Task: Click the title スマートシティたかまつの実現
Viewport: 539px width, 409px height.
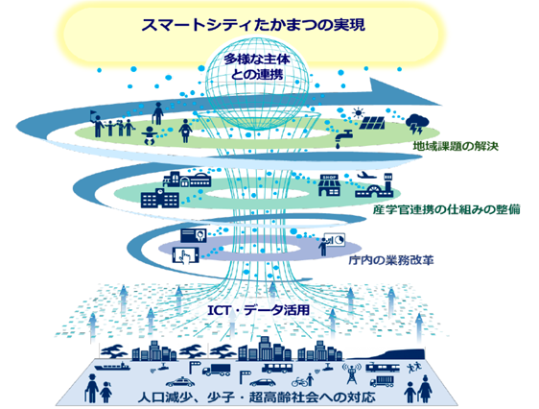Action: pyautogui.click(x=253, y=25)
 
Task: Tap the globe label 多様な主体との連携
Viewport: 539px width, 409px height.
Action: pyautogui.click(x=257, y=67)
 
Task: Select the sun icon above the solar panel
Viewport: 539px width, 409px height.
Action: pyautogui.click(x=358, y=112)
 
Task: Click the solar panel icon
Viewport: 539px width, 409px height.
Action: pyautogui.click(x=372, y=123)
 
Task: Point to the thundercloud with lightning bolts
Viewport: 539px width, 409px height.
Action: pyautogui.click(x=417, y=124)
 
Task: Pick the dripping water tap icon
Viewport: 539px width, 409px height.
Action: pyautogui.click(x=343, y=138)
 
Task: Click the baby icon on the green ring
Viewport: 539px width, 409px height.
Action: pyautogui.click(x=150, y=135)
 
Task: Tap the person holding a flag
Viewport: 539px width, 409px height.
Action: pyautogui.click(x=97, y=124)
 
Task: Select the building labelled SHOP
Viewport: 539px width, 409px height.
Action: pyautogui.click(x=329, y=184)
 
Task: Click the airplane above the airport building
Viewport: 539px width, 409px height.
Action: pyautogui.click(x=367, y=176)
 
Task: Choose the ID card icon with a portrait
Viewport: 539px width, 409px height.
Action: pyautogui.click(x=194, y=235)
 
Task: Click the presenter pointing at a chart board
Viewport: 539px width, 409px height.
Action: pyautogui.click(x=332, y=244)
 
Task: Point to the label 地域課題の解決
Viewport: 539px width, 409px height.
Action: pyautogui.click(x=456, y=147)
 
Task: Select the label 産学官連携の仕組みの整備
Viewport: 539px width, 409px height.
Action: pyautogui.click(x=447, y=209)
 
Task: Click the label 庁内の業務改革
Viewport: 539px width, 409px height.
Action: pyautogui.click(x=391, y=260)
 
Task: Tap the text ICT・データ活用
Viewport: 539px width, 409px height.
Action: pyautogui.click(x=259, y=310)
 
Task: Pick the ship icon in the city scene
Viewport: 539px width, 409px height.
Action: pyautogui.click(x=112, y=366)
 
